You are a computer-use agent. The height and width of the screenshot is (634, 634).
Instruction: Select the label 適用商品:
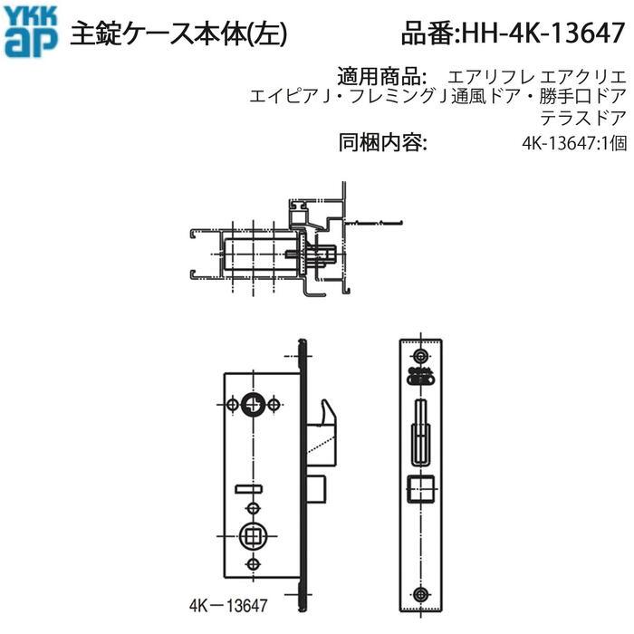pyautogui.click(x=380, y=75)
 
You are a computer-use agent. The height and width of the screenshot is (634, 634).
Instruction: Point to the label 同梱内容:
pyautogui.click(x=381, y=142)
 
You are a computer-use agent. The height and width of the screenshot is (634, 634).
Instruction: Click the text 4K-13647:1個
pyautogui.click(x=573, y=143)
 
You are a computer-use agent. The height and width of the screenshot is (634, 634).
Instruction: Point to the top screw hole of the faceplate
pyautogui.click(x=419, y=355)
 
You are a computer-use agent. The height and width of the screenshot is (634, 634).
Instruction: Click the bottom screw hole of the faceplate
pyautogui.click(x=419, y=593)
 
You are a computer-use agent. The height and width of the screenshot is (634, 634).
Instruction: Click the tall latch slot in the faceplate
pyautogui.click(x=419, y=433)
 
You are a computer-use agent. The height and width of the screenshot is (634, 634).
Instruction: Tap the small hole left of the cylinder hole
pyautogui.click(x=235, y=402)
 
